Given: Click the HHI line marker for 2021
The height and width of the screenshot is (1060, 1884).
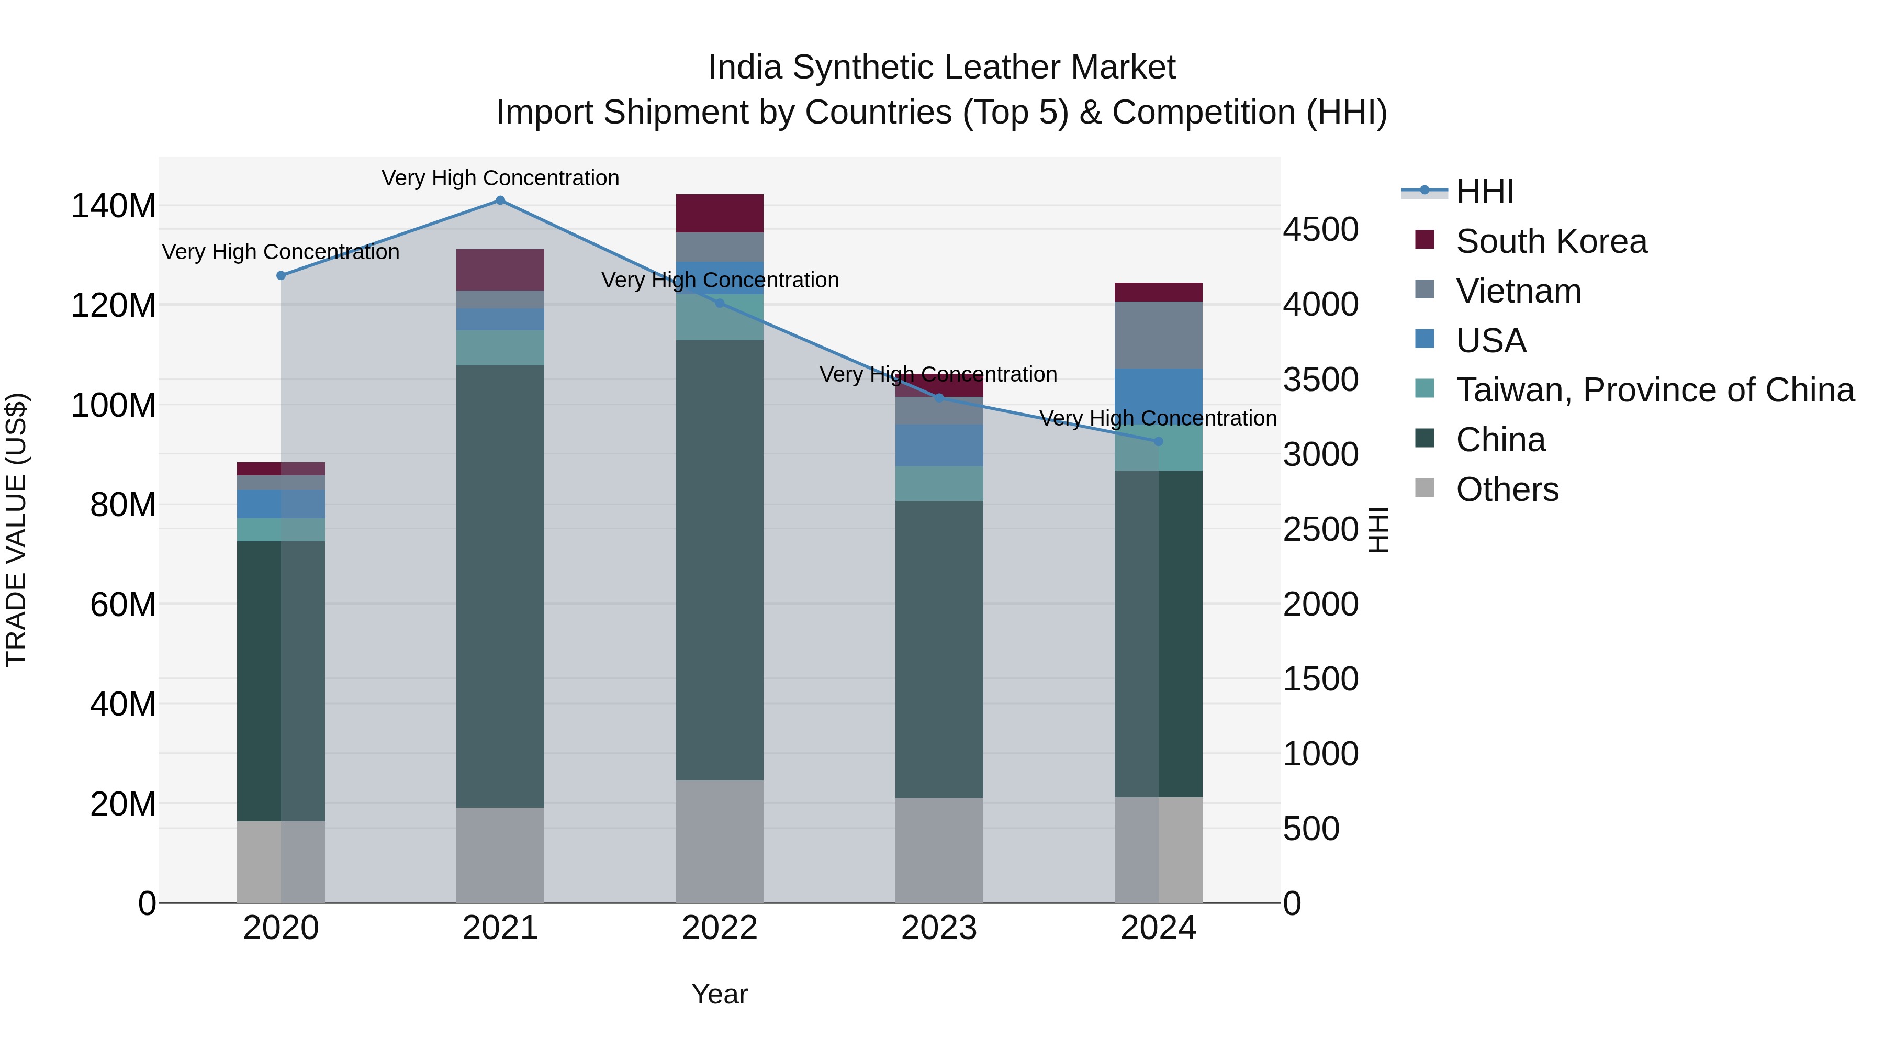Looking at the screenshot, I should coord(500,200).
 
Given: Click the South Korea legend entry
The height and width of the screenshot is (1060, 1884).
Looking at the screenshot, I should coord(1551,241).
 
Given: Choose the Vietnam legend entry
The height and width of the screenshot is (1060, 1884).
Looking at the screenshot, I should coord(1518,291).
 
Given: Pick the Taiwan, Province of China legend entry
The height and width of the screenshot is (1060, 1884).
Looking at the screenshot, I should coord(1654,390).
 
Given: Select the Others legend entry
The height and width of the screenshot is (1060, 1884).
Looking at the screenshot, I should coord(1507,489).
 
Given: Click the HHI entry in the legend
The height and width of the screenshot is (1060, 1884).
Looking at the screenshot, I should coord(1484,192).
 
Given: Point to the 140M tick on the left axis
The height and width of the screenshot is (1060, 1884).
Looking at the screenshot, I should coord(114,206).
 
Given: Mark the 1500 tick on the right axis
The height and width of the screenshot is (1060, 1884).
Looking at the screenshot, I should coord(1321,679).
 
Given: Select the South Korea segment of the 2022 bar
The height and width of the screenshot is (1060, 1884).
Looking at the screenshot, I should coord(720,214).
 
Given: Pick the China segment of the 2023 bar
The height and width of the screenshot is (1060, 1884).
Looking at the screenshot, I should coord(939,649).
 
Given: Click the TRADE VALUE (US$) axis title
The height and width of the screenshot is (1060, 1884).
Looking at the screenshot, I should coord(16,530).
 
